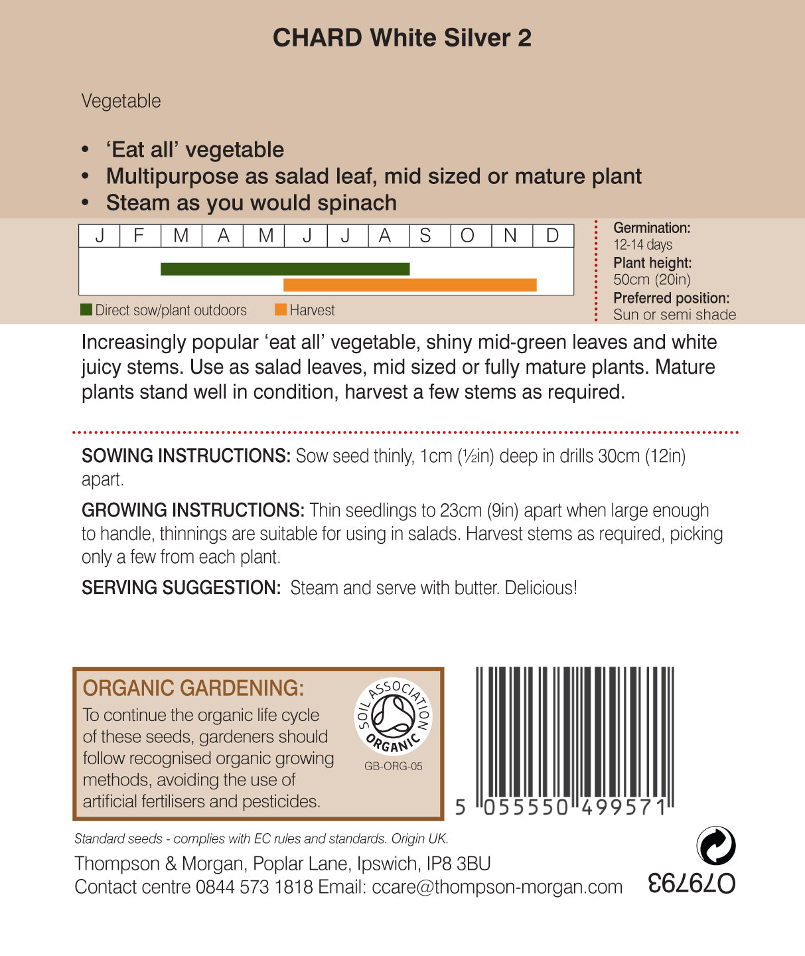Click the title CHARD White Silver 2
point(402,38)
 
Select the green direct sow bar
point(285,269)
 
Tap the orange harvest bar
point(409,285)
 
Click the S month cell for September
point(425,236)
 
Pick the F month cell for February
point(139,236)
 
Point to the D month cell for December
point(552,236)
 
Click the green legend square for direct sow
point(86,310)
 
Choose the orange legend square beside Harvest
point(281,310)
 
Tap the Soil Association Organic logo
point(393,717)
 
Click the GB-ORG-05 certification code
point(393,766)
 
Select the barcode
point(574,737)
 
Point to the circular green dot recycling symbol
point(716,846)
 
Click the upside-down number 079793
point(692,883)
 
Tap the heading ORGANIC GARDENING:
point(193,688)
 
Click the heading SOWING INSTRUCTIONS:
point(186,456)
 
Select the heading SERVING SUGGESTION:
point(181,588)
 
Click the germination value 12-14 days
point(642,245)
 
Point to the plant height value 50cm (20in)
point(652,279)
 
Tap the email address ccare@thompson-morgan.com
point(497,887)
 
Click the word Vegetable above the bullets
point(121,101)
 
